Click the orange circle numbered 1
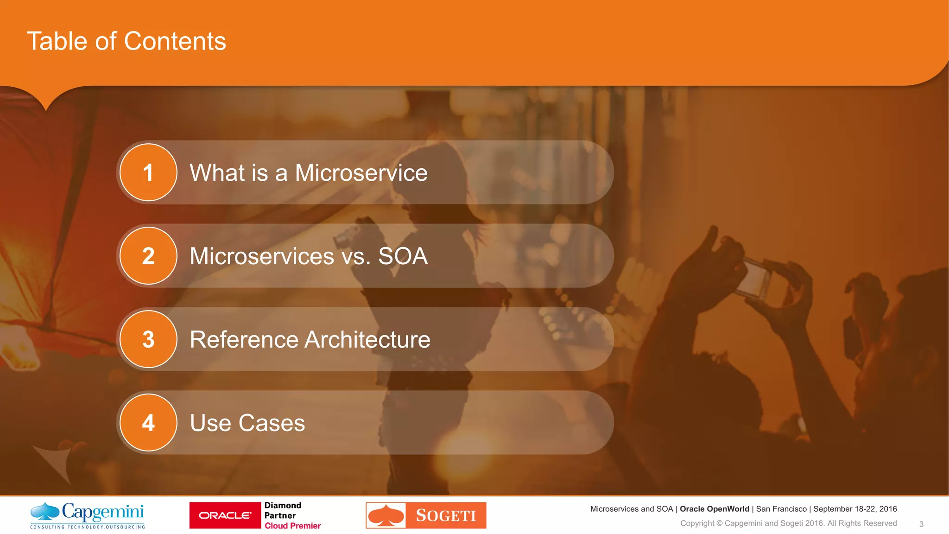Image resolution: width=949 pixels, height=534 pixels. [x=148, y=172]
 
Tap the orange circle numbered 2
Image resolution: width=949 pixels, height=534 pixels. [x=148, y=256]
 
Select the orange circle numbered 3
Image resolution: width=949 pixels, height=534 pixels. [x=148, y=339]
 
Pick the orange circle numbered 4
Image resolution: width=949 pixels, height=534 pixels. [x=148, y=423]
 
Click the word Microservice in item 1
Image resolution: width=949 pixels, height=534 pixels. [x=361, y=173]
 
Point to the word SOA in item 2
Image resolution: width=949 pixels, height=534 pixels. [x=403, y=256]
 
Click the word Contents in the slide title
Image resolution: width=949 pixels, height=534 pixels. [x=175, y=41]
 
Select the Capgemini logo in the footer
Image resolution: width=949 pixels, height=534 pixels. [x=88, y=515]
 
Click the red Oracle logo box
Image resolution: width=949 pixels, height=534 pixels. [x=225, y=515]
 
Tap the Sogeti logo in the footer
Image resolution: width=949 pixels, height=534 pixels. [x=426, y=515]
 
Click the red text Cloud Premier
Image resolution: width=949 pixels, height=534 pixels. [x=292, y=526]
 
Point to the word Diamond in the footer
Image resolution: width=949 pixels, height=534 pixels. [x=283, y=505]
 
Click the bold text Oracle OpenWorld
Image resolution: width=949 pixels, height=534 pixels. [x=714, y=509]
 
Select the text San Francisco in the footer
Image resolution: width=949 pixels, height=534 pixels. [x=781, y=509]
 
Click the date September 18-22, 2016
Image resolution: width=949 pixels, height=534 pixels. [x=855, y=509]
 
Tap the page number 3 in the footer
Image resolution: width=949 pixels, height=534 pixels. [x=921, y=524]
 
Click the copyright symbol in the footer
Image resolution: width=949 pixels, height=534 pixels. [x=719, y=524]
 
